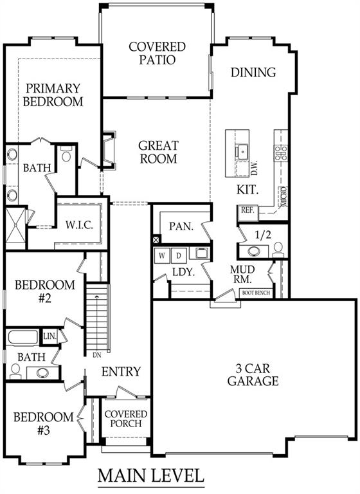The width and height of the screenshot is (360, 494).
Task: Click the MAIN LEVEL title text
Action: tap(151, 475)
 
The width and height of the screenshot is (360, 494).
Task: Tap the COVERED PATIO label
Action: tap(157, 53)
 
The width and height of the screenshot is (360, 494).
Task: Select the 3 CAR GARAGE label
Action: tap(253, 374)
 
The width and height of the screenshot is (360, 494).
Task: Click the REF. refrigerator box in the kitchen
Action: tap(248, 210)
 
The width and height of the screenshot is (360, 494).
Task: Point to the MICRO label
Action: tap(283, 197)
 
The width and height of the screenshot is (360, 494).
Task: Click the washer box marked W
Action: tap(162, 255)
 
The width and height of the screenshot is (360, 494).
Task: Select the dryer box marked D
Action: tap(179, 255)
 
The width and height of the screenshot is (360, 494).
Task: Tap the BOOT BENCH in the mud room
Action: tap(256, 293)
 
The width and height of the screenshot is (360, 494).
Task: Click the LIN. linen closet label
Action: tap(50, 337)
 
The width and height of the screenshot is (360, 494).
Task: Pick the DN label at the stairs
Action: tap(97, 355)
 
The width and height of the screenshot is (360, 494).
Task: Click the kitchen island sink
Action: tap(242, 152)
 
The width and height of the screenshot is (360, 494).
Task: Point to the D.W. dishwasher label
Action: tap(254, 168)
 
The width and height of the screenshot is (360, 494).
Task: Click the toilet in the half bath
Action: tap(278, 250)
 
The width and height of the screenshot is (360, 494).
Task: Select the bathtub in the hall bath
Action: tap(23, 337)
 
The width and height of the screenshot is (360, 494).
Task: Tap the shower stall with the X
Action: tap(15, 228)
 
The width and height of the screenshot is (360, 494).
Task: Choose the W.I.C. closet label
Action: tap(79, 225)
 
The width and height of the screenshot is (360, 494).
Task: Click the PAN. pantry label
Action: tap(181, 226)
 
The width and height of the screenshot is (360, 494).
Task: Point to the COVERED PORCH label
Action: tap(126, 419)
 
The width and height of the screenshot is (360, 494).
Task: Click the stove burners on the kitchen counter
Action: tap(281, 153)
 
